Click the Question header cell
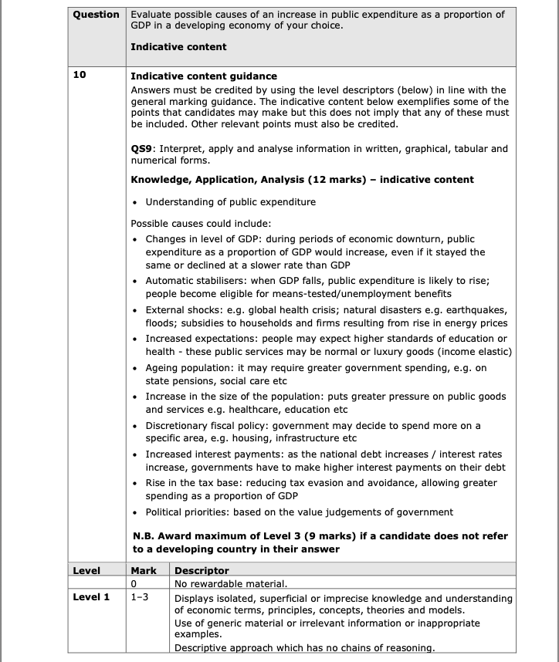97,15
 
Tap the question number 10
79,76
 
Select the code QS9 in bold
143,148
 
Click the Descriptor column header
202,571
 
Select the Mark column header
144,571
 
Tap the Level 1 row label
91,597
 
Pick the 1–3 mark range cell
141,597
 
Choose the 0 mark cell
134,583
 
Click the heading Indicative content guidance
204,76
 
